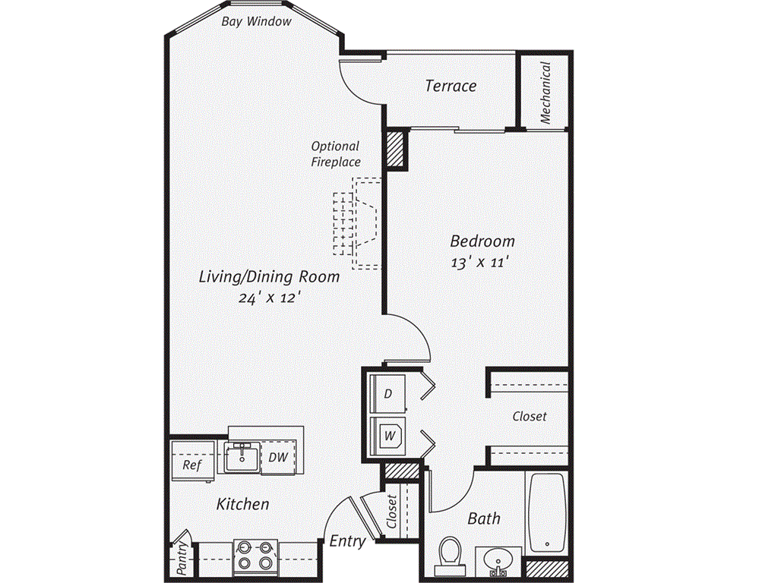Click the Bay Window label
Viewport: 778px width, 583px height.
click(x=256, y=21)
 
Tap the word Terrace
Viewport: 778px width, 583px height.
click(x=451, y=86)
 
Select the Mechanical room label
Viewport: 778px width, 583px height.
click(x=546, y=93)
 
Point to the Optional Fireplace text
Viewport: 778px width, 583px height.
click(x=335, y=153)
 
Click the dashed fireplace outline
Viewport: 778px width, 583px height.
click(x=357, y=224)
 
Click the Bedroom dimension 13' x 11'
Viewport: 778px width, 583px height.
click(x=480, y=262)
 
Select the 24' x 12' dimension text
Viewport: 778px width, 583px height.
click(x=270, y=298)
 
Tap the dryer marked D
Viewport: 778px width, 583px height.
click(x=388, y=394)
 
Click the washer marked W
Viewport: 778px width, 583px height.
click(x=388, y=436)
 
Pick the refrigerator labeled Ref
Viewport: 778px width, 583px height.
click(x=192, y=461)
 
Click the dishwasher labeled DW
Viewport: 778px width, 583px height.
click(x=278, y=457)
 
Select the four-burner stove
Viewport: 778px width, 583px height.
click(x=256, y=555)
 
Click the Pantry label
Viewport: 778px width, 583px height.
click(x=182, y=558)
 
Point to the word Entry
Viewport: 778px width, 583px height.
click(x=347, y=541)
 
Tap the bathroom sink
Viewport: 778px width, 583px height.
click(x=498, y=560)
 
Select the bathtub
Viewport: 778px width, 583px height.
click(x=548, y=512)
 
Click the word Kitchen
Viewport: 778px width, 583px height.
click(x=242, y=504)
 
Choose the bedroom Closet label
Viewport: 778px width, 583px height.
click(x=530, y=416)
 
